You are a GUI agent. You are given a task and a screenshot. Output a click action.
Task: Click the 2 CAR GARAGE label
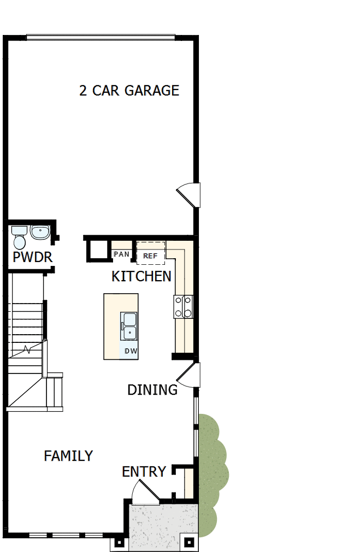[129, 91]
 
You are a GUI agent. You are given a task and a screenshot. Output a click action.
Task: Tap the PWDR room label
[33, 257]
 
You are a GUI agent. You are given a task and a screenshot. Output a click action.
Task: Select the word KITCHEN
[141, 276]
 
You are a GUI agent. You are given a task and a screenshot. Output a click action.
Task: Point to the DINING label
[152, 390]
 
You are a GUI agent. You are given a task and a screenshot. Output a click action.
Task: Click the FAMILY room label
[68, 455]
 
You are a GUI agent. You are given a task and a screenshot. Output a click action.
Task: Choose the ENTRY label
[144, 472]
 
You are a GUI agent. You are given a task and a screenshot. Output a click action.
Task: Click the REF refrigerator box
[150, 254]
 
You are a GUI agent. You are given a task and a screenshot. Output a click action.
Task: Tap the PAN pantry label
[121, 254]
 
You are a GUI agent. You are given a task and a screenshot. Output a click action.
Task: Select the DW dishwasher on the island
[131, 351]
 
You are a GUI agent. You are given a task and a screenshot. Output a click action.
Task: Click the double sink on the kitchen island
[129, 325]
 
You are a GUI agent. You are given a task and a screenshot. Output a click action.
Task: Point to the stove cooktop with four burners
[184, 306]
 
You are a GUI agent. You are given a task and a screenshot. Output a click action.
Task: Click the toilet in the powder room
[19, 238]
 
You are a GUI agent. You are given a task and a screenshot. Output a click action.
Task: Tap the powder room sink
[39, 232]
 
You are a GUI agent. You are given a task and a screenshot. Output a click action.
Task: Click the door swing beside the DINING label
[189, 375]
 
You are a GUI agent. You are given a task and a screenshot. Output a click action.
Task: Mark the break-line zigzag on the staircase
[26, 348]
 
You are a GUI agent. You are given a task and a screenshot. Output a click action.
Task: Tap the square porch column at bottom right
[189, 543]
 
